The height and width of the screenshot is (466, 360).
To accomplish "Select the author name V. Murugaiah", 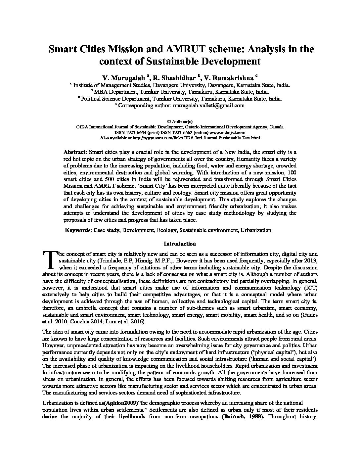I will [123, 78].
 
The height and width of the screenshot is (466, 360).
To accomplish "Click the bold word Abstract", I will [75, 152].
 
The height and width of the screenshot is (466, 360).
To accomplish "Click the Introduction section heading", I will [180, 244].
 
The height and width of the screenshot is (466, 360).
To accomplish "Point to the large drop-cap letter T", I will [49, 259].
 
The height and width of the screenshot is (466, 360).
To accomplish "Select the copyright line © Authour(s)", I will [180, 121].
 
